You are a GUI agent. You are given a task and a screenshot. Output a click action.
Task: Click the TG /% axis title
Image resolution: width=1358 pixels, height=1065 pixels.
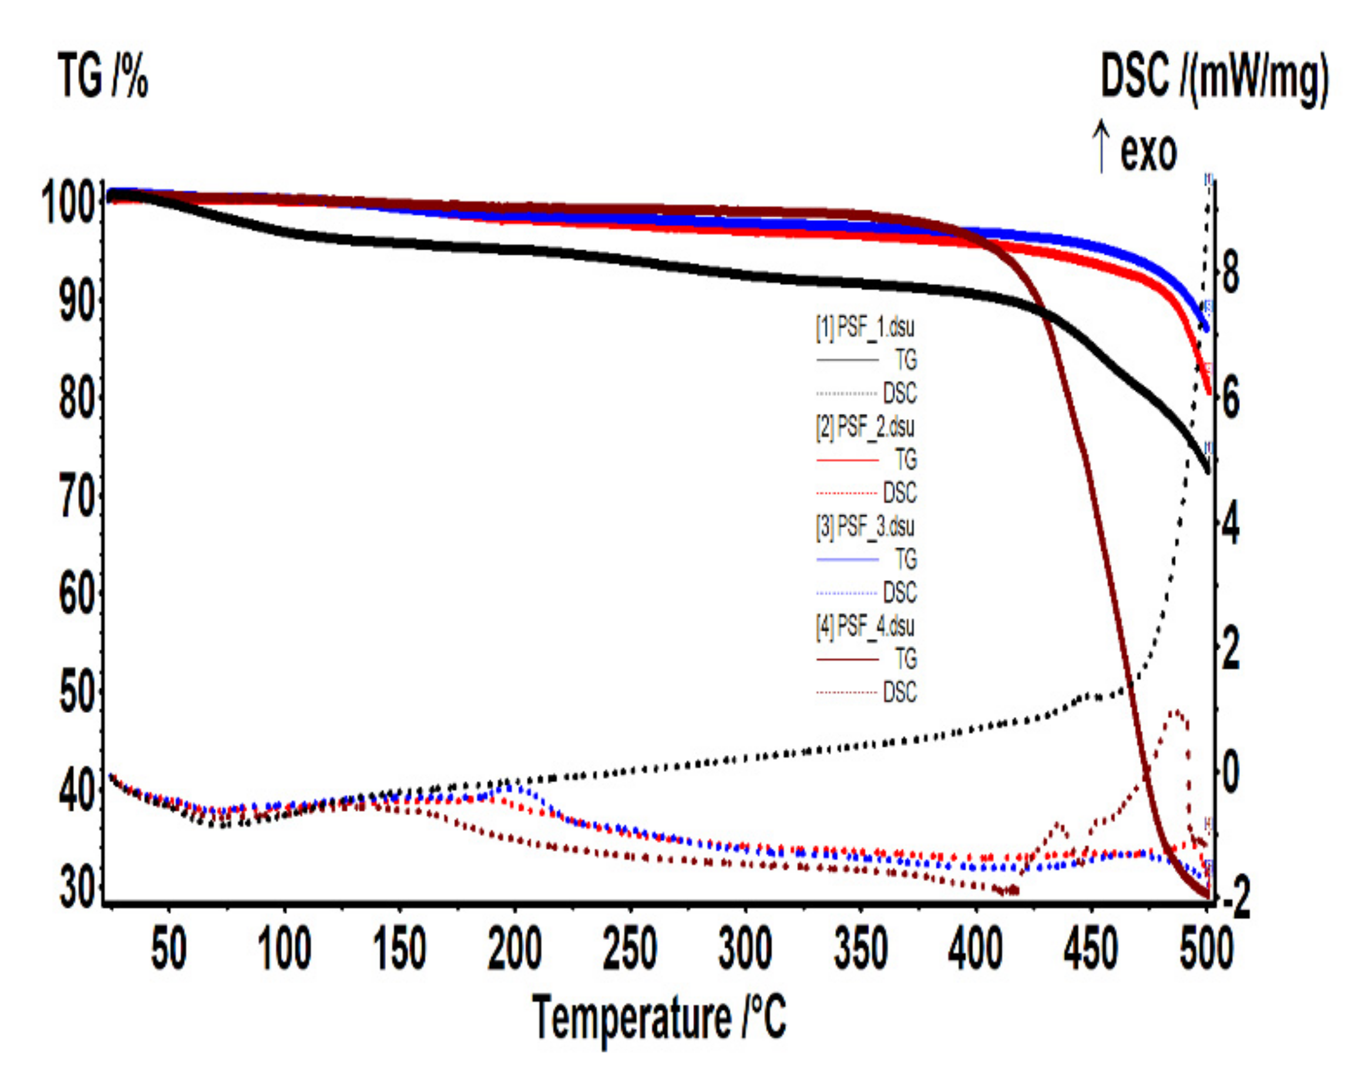pyautogui.click(x=103, y=76)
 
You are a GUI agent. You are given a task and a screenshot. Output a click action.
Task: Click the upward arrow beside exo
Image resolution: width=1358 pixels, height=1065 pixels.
pyautogui.click(x=1102, y=146)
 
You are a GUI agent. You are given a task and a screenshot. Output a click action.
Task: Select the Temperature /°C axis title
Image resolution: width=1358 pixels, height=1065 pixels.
pyautogui.click(x=660, y=1017)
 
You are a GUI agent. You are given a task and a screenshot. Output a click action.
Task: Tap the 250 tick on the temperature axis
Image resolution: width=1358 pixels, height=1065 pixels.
pyautogui.click(x=630, y=949)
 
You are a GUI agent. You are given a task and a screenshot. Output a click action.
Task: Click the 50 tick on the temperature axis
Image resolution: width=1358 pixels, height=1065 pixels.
pyautogui.click(x=168, y=949)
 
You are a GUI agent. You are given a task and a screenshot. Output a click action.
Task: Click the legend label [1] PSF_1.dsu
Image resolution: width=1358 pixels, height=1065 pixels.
pyautogui.click(x=865, y=327)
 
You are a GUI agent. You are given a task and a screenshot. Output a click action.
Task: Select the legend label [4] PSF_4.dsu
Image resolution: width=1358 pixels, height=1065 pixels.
pyautogui.click(x=865, y=626)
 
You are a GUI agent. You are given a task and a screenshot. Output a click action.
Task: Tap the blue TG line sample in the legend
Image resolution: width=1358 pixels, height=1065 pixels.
pyautogui.click(x=847, y=560)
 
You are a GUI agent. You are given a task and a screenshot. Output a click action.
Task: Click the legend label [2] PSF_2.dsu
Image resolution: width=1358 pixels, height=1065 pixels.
pyautogui.click(x=865, y=427)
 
